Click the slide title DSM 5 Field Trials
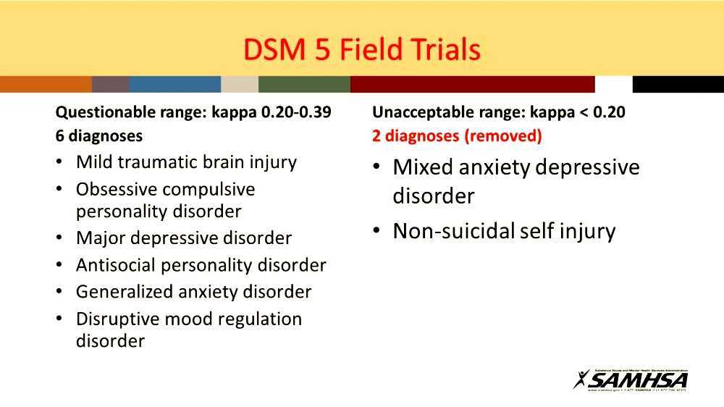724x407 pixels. (x=362, y=49)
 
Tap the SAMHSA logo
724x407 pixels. (x=631, y=379)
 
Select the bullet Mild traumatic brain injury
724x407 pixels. (x=186, y=162)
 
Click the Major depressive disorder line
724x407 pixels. (x=183, y=238)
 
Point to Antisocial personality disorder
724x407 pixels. (x=201, y=265)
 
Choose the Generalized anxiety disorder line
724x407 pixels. (x=193, y=292)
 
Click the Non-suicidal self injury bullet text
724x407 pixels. (x=504, y=232)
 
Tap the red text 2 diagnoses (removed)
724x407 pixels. (x=457, y=135)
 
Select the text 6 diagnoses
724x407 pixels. (x=99, y=135)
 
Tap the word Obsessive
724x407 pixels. (x=116, y=190)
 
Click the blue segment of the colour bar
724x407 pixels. (x=174, y=84)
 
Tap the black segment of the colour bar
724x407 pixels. (x=678, y=84)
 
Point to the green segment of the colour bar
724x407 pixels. (x=304, y=84)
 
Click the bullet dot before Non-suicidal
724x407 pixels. (x=377, y=231)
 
